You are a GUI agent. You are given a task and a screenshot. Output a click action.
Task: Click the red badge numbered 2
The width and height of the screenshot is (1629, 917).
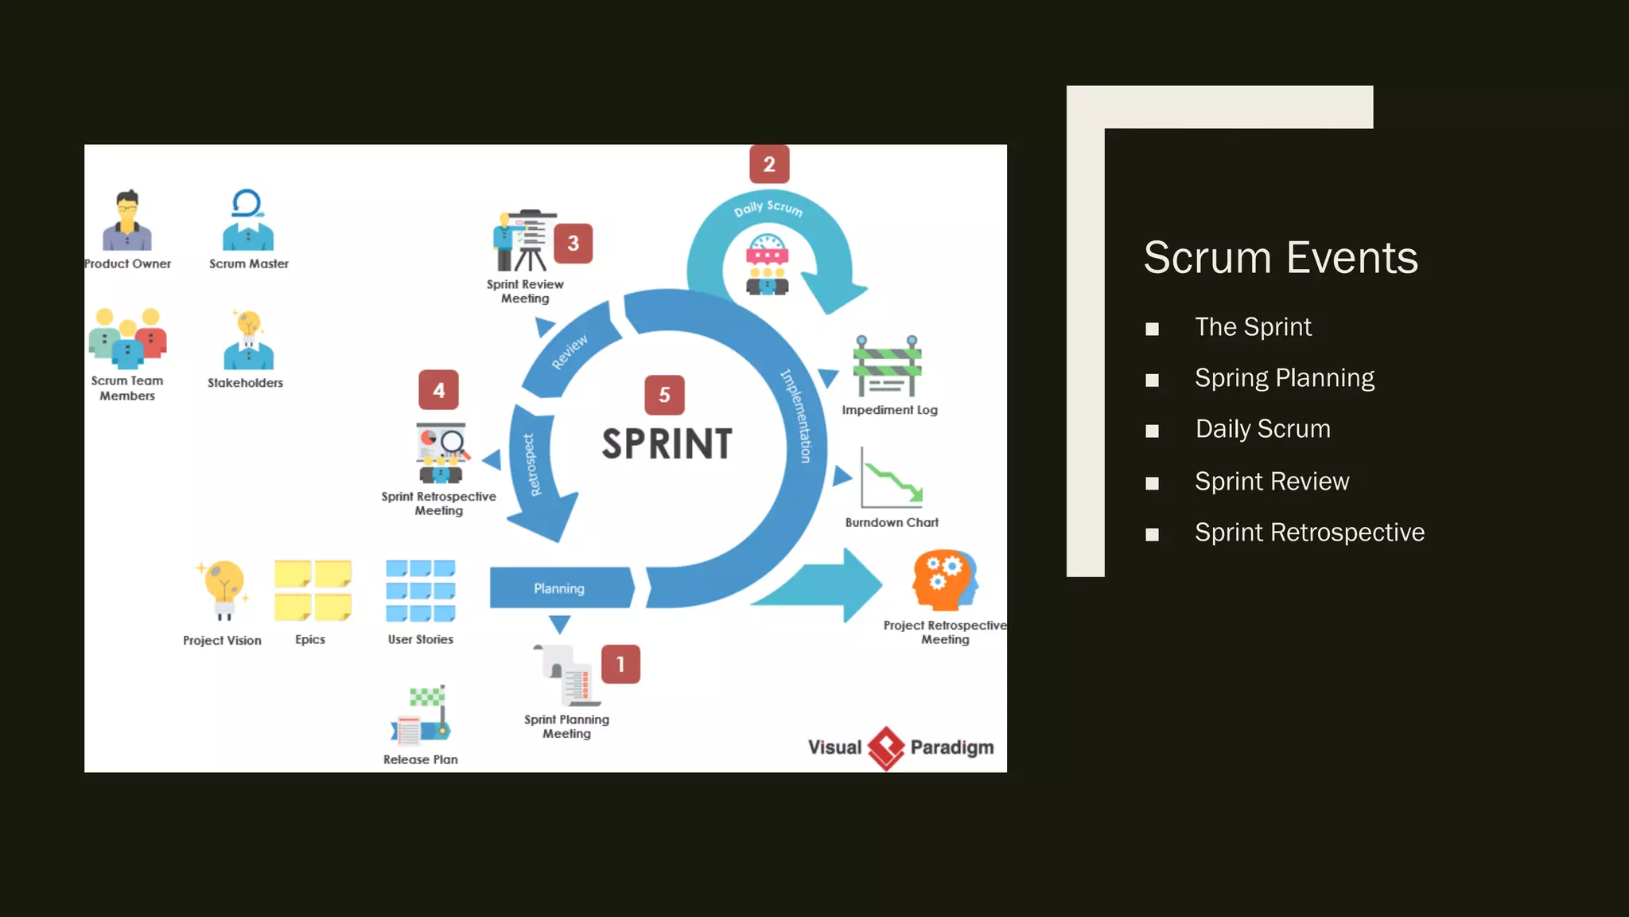pyautogui.click(x=769, y=164)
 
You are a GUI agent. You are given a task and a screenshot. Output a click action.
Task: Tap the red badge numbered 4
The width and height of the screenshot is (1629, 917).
pyautogui.click(x=438, y=390)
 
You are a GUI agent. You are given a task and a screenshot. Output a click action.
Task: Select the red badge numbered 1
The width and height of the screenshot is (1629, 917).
pyautogui.click(x=620, y=664)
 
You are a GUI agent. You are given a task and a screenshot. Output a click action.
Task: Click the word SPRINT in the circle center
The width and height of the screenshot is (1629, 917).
pyautogui.click(x=667, y=444)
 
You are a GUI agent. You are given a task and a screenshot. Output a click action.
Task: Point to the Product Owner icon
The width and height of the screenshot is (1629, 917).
pyautogui.click(x=127, y=220)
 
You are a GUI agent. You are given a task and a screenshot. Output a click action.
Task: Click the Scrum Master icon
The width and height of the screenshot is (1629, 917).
pyautogui.click(x=248, y=220)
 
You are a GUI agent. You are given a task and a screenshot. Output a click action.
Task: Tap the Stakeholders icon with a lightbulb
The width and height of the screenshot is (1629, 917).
pyautogui.click(x=248, y=340)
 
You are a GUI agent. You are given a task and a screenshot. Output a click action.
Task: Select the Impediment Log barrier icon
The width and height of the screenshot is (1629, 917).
pyautogui.click(x=888, y=366)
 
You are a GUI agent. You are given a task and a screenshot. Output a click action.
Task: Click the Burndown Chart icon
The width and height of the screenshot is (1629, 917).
pyautogui.click(x=892, y=478)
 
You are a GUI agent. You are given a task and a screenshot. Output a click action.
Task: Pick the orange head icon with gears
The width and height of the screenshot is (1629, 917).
pyautogui.click(x=945, y=579)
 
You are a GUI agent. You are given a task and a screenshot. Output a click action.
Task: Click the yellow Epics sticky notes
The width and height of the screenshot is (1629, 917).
pyautogui.click(x=313, y=590)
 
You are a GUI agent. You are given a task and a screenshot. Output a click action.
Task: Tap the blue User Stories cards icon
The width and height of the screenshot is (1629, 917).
pyautogui.click(x=421, y=590)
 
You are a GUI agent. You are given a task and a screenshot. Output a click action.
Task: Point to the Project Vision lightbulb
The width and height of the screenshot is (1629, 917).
pyautogui.click(x=224, y=588)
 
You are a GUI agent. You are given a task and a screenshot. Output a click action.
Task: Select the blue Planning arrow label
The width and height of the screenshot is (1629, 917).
pyautogui.click(x=559, y=588)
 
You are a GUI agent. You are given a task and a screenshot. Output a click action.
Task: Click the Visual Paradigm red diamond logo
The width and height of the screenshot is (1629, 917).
pyautogui.click(x=886, y=747)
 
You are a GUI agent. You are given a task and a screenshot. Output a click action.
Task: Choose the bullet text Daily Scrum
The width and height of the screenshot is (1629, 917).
pyautogui.click(x=1262, y=429)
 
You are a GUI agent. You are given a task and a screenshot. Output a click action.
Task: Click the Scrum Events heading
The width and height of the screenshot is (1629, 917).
pyautogui.click(x=1281, y=257)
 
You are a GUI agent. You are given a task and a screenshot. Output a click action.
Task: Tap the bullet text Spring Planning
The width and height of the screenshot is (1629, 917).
pyautogui.click(x=1284, y=377)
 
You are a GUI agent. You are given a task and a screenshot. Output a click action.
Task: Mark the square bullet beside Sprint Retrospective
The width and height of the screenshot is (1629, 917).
pyautogui.click(x=1152, y=534)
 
